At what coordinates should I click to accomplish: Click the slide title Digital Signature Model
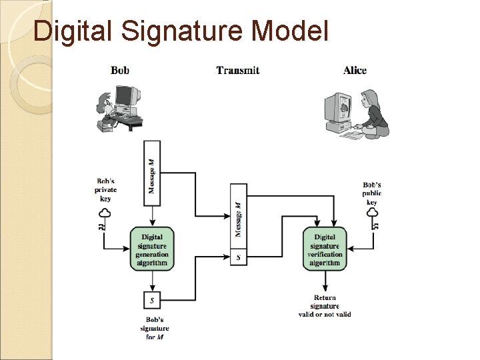[181, 31]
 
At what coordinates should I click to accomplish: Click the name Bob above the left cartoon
[120, 70]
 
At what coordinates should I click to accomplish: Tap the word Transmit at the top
[238, 70]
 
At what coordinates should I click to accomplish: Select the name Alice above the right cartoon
[355, 70]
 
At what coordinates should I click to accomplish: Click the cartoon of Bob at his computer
[120, 107]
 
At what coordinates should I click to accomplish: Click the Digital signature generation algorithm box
[152, 249]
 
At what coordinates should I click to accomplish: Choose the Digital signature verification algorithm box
[325, 249]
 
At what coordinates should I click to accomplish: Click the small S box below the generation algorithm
[152, 301]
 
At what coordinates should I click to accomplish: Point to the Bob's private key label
[105, 189]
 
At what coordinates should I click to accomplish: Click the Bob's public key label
[372, 193]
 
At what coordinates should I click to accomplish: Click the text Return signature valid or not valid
[325, 306]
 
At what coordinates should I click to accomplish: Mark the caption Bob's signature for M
[154, 328]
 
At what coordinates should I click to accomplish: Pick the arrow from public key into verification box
[360, 249]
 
